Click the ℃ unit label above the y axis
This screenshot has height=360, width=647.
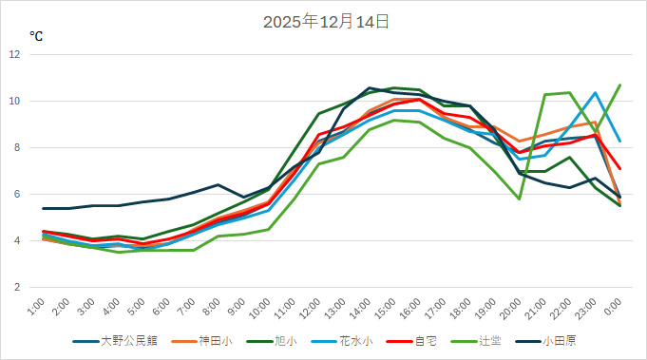click(x=36, y=36)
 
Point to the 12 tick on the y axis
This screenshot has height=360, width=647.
click(x=15, y=54)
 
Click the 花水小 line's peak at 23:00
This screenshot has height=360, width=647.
click(x=595, y=93)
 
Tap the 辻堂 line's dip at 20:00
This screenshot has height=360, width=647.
click(x=520, y=199)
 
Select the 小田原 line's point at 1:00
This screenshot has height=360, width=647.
click(x=44, y=208)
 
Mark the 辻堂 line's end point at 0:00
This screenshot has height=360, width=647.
click(x=620, y=85)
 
